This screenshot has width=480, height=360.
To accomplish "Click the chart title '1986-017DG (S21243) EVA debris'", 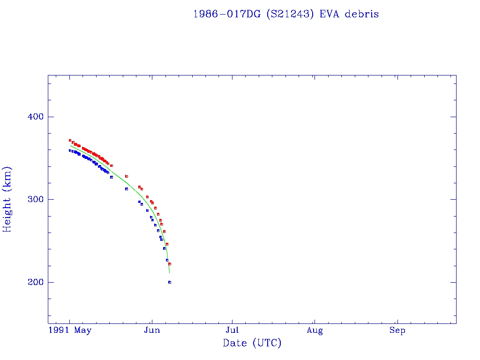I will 286,14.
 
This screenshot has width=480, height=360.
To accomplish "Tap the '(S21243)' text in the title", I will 291,14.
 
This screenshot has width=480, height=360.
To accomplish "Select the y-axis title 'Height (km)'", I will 7,199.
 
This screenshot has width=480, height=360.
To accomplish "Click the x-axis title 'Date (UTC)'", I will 252,343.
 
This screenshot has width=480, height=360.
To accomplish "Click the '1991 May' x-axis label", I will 70,330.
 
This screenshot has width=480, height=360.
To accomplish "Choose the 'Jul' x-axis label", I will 232,330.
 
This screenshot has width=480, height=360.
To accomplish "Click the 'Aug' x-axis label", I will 315,330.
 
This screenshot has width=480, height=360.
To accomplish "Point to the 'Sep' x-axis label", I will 397,330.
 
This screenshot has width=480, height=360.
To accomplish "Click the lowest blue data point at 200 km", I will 170,282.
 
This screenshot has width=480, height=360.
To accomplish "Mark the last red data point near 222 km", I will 170,264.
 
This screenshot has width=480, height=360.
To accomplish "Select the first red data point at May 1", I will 70,140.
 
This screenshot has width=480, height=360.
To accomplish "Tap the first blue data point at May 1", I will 70,150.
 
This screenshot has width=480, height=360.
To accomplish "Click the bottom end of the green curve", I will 170,273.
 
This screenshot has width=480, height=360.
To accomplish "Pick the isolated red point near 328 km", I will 127,176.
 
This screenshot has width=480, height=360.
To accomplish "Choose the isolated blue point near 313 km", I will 127,189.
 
